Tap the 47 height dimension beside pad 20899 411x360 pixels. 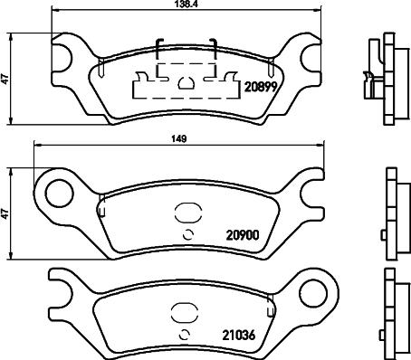coord(6,80)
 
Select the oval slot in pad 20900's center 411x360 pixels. coord(186,214)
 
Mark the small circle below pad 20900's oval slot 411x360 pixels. coord(186,236)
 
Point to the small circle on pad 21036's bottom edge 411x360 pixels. coord(186,337)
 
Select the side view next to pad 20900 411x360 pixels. coord(390,215)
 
